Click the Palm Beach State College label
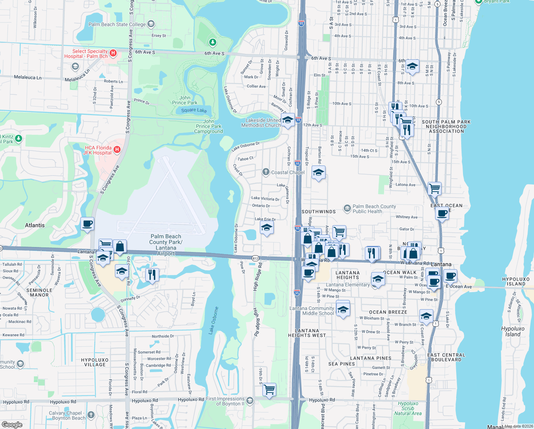click(x=117, y=24)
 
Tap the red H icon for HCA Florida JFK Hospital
click(x=117, y=150)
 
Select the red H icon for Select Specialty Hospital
click(x=113, y=53)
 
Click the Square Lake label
click(x=194, y=110)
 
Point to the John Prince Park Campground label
click(x=208, y=127)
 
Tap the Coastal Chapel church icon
click(x=266, y=172)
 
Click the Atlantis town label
click(x=35, y=225)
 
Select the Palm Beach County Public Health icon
click(x=347, y=208)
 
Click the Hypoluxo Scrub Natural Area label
click(x=408, y=408)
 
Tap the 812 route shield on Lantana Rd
click(x=255, y=258)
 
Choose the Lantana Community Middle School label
click(x=312, y=311)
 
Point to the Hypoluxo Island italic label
click(x=513, y=331)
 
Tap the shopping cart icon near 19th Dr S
click(x=269, y=389)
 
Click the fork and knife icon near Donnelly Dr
click(x=152, y=275)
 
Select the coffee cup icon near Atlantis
click(x=87, y=224)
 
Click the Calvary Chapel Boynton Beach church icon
click(x=91, y=415)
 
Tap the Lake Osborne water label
click(x=213, y=320)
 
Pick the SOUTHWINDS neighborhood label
click(x=318, y=212)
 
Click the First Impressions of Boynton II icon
click(x=250, y=400)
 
